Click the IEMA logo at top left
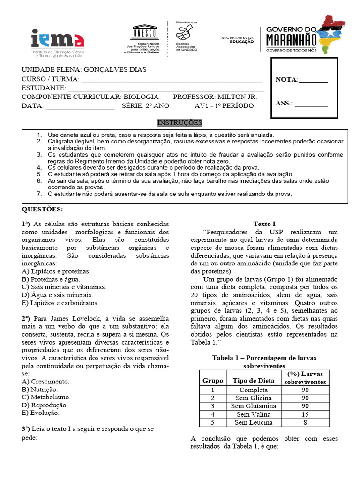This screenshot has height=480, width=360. (57, 42)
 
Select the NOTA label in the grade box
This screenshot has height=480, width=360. (286, 80)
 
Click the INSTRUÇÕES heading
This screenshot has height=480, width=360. (180, 123)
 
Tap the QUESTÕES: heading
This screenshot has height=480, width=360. (42, 209)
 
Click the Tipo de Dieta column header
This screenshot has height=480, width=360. (254, 380)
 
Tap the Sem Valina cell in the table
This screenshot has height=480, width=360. (254, 414)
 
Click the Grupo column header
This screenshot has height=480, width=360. (212, 380)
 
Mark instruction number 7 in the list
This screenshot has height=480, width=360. (40, 194)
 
